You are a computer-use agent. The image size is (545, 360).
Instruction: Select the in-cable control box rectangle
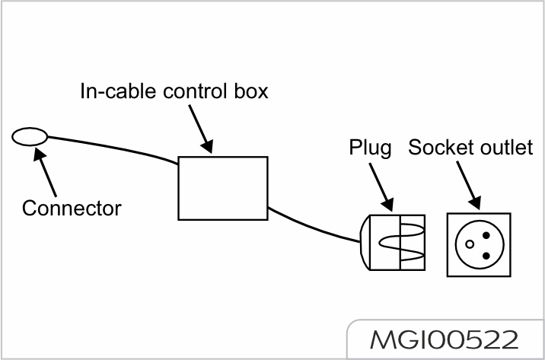(x=223, y=187)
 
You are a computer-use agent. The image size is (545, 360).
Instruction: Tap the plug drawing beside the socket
(x=391, y=243)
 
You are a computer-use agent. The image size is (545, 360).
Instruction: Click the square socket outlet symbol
(x=478, y=243)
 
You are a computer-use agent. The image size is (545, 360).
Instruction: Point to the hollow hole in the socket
(x=470, y=244)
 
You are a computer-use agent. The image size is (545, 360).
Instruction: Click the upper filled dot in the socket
(x=485, y=235)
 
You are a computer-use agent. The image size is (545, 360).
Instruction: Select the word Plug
(x=371, y=148)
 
